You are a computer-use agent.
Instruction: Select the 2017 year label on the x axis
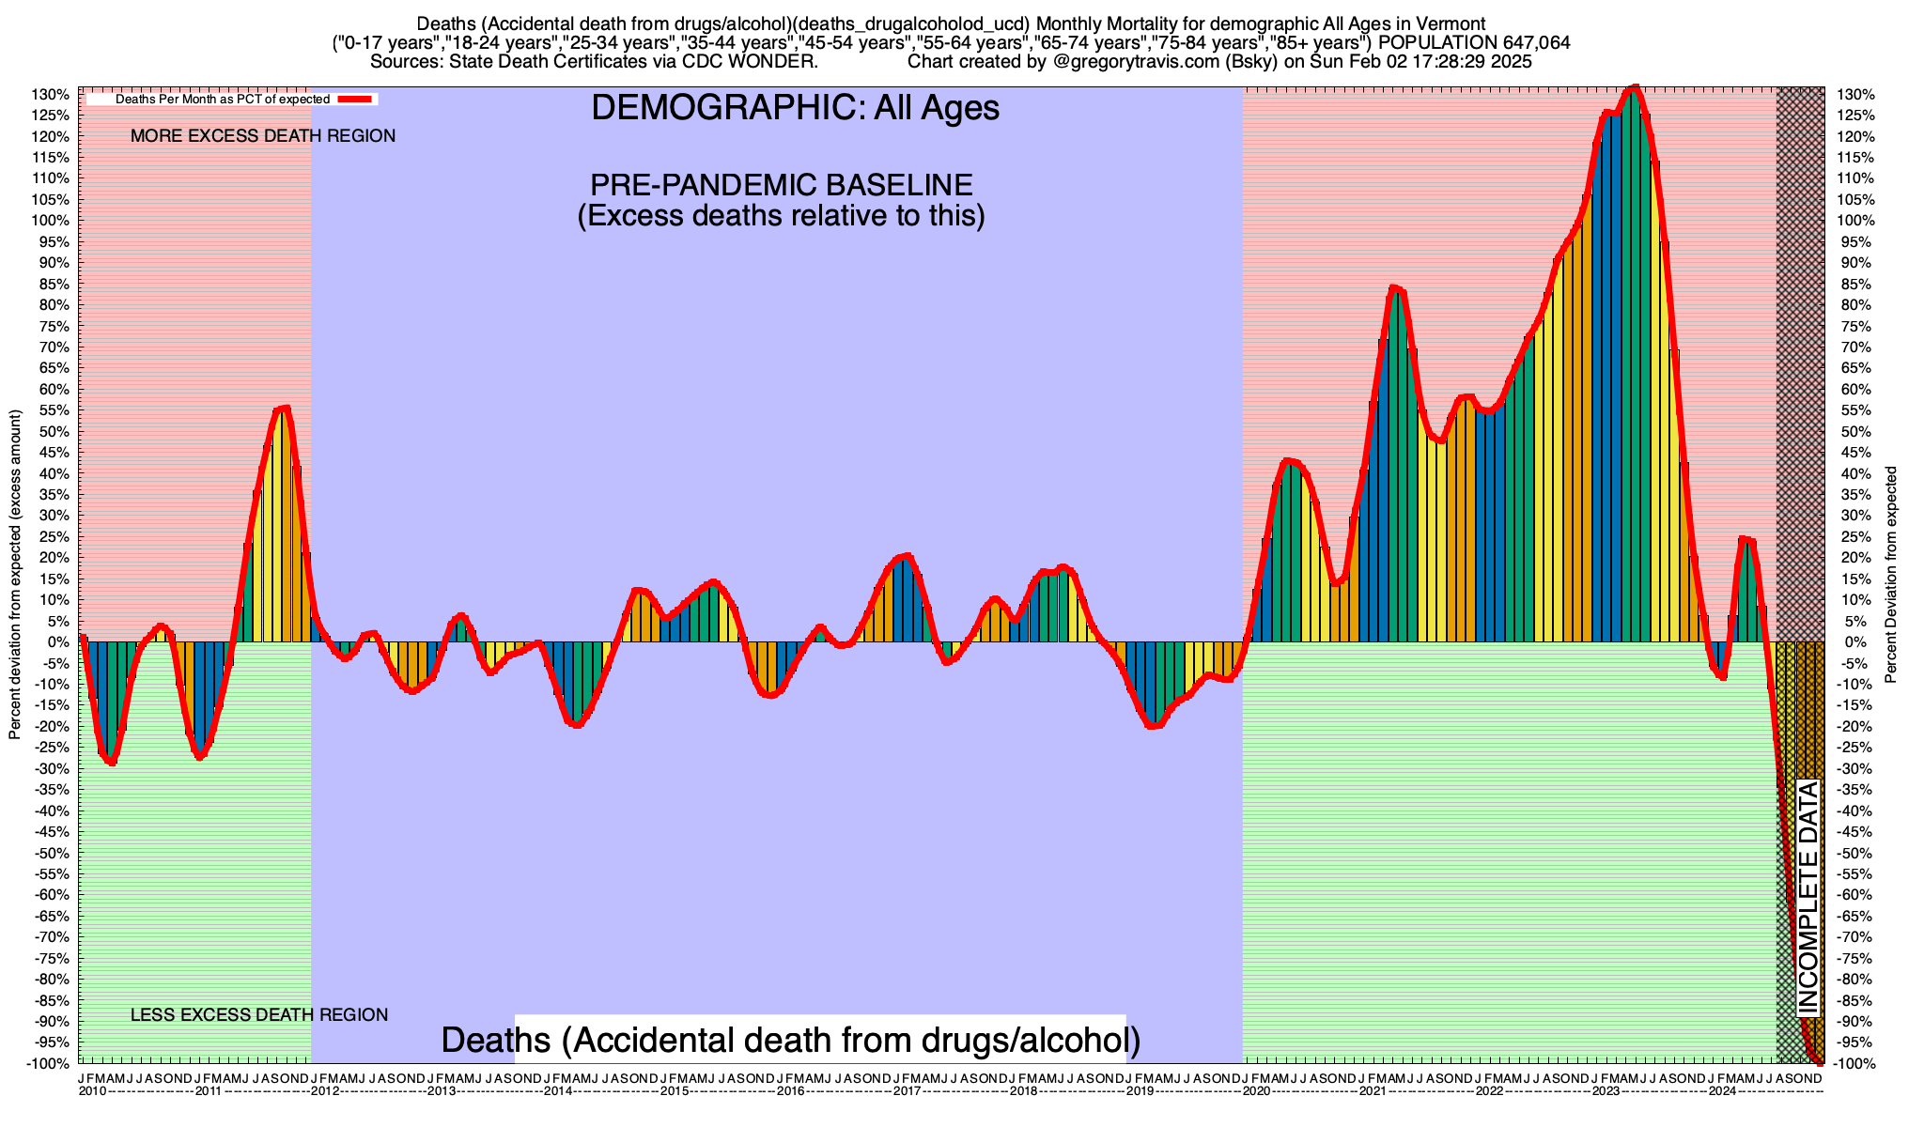tap(907, 1091)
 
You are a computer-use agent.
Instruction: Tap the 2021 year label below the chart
tap(1372, 1091)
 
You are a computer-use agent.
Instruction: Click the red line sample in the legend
tap(356, 99)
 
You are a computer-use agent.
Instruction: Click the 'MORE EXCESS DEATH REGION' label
tap(263, 136)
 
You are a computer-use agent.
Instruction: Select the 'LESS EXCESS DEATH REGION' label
tap(259, 1015)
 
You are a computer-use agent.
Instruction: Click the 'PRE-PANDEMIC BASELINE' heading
tap(781, 184)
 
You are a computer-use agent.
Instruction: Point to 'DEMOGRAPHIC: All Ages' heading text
tap(795, 108)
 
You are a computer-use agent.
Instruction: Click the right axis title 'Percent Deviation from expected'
tap(1891, 575)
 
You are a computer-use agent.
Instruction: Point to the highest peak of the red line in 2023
tap(1634, 87)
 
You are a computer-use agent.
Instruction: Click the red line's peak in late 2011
tap(285, 408)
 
